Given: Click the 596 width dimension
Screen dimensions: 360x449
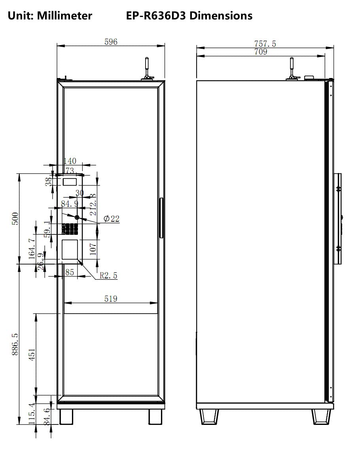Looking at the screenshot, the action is [x=111, y=42].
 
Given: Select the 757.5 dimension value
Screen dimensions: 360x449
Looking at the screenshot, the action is [x=265, y=44].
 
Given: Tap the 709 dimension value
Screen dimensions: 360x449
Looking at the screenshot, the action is [x=261, y=51].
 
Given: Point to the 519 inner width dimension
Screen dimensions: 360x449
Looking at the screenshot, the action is [x=111, y=299].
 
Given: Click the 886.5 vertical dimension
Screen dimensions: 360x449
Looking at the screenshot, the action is [x=15, y=344].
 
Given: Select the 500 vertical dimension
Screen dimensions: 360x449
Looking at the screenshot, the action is [x=15, y=219].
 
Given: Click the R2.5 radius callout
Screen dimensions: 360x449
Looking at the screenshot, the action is [x=108, y=276].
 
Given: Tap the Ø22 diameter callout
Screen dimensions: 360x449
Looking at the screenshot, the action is [x=111, y=219].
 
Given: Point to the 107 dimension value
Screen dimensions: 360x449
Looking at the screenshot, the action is [x=93, y=249].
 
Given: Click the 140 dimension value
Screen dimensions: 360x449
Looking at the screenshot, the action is [x=70, y=161].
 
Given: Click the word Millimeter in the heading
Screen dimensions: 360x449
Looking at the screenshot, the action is [x=64, y=15].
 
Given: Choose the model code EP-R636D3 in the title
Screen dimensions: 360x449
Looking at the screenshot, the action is [x=156, y=15].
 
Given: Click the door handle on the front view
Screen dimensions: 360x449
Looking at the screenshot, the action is [x=161, y=218].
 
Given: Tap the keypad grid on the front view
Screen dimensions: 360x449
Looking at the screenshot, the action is [x=70, y=229].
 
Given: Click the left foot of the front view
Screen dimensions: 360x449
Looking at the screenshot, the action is [x=66, y=417].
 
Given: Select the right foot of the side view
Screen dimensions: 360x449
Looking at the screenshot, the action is [x=321, y=417].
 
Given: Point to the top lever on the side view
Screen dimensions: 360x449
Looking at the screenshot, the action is [x=292, y=68].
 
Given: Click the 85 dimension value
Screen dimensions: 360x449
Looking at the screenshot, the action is [x=70, y=272].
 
